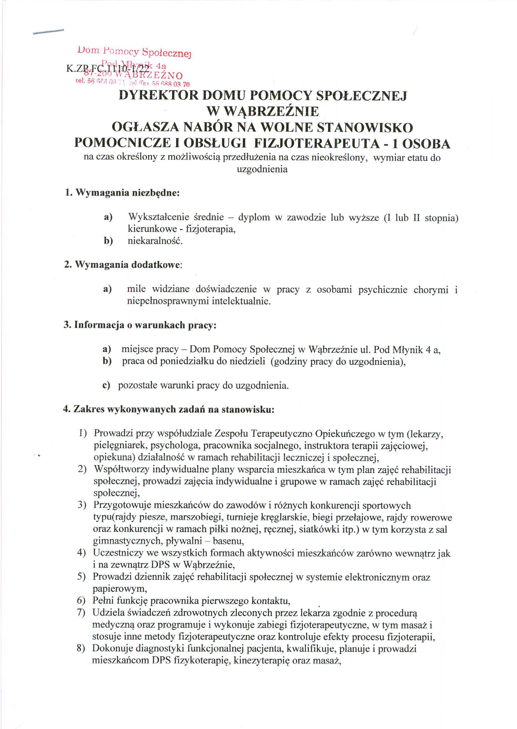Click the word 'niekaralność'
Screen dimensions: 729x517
click(x=155, y=241)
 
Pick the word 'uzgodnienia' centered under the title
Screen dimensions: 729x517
click(x=262, y=169)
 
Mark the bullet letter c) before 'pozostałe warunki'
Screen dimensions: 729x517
click(x=106, y=386)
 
